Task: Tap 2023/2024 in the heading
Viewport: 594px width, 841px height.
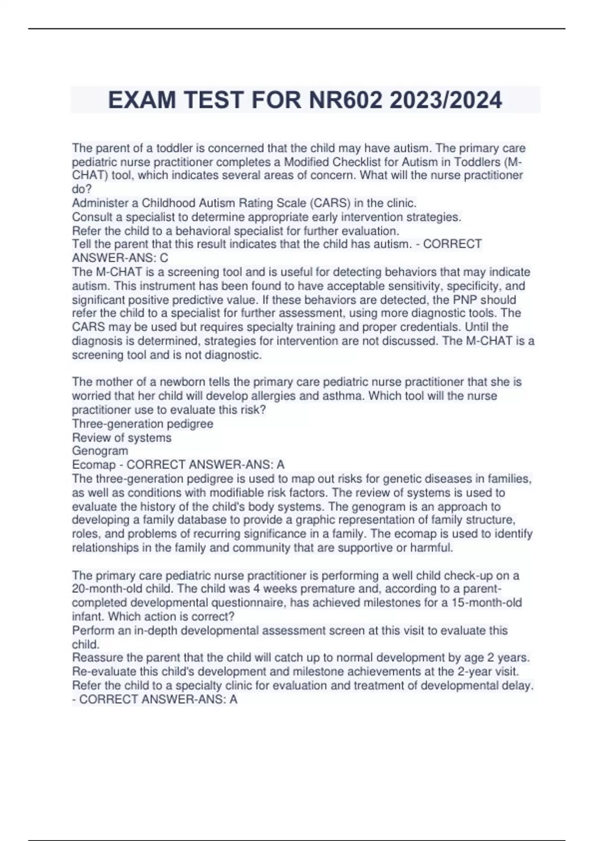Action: [x=445, y=100]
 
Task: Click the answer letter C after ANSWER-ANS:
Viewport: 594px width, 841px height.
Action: [x=164, y=258]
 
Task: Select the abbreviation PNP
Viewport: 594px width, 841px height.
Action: [x=463, y=300]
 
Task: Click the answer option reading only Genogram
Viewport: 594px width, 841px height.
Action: [x=100, y=451]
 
